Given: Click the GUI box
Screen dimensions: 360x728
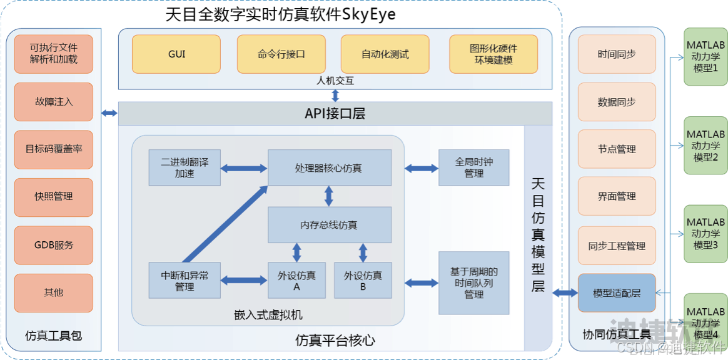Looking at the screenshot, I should point(176,54).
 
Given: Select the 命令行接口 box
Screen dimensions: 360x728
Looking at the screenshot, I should point(281,54).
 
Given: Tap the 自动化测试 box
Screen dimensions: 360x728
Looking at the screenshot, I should point(385,54).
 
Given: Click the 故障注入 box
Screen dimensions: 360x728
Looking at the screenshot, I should point(54,101).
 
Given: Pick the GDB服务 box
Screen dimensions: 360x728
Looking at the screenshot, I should point(54,245).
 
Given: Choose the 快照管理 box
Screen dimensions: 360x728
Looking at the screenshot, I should point(54,196).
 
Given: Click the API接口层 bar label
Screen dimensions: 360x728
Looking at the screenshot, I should point(335,114).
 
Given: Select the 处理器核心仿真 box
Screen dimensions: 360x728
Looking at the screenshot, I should point(329,167).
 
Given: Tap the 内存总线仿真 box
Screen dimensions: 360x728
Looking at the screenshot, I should point(329,225).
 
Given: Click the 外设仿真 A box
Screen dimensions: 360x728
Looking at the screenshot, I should point(296,281).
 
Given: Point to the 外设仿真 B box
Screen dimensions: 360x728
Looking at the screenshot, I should point(363,281).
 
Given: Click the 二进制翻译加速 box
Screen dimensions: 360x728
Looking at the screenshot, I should point(185,167).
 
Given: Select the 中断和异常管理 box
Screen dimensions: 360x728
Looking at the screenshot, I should point(185,281).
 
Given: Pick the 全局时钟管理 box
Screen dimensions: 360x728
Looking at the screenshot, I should point(473,167).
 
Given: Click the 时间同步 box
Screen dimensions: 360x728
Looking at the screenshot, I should point(617,54).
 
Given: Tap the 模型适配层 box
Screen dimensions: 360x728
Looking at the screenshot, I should point(617,293).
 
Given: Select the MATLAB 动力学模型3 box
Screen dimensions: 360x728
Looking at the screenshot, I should point(705,233).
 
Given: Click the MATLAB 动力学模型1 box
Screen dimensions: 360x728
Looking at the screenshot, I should point(705,56).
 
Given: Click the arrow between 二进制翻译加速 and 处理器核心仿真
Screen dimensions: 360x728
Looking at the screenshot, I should point(244,168).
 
